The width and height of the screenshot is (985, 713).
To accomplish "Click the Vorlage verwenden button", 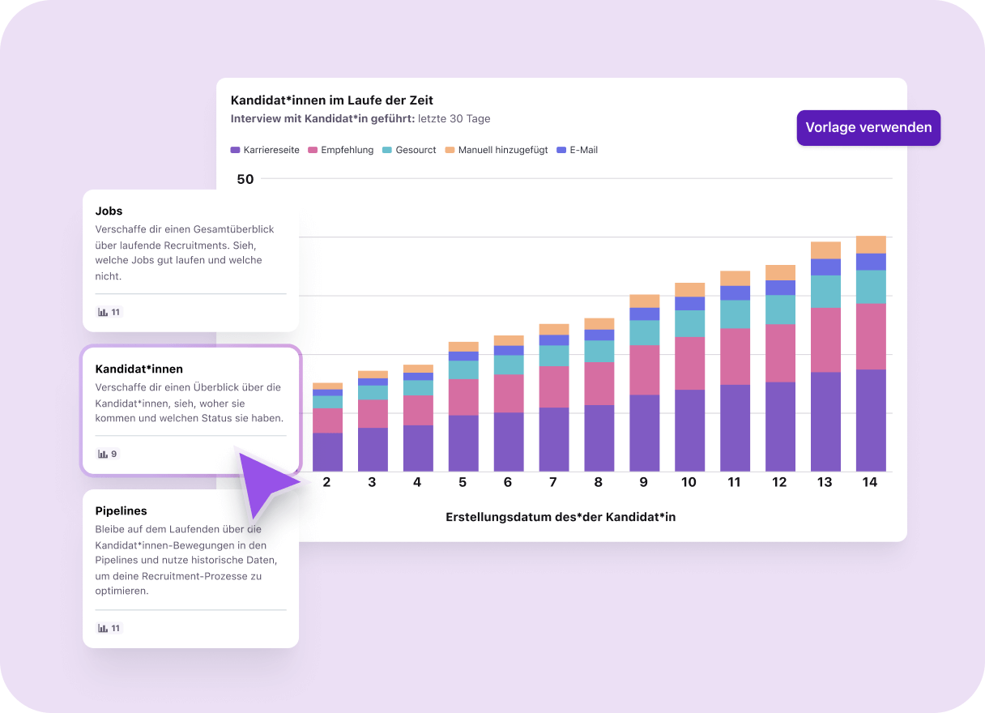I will (868, 127).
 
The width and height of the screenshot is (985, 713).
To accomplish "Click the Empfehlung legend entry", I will (341, 150).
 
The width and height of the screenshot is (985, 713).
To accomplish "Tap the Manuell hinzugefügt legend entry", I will (497, 150).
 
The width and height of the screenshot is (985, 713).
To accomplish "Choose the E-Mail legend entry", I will (578, 150).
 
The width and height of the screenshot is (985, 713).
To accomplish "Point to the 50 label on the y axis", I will (245, 179).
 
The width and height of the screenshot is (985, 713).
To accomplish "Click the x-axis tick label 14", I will (870, 482).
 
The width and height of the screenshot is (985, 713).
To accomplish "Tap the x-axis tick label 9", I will (644, 482).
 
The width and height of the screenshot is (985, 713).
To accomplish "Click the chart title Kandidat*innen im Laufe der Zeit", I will (332, 100).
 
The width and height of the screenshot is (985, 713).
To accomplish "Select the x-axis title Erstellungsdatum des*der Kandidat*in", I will (561, 517).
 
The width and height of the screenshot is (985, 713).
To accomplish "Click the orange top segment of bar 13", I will (825, 250).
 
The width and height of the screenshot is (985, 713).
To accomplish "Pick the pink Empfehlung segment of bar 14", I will (871, 336).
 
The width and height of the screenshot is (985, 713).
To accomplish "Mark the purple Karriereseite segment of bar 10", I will (689, 430).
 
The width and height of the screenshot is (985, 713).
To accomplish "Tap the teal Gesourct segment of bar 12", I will (780, 310).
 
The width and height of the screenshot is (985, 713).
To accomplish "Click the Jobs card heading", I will (109, 211).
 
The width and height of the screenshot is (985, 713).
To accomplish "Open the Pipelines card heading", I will (121, 511).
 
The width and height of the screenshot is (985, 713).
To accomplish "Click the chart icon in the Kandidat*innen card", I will (103, 454).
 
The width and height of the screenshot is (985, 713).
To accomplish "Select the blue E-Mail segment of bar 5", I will (463, 356).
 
